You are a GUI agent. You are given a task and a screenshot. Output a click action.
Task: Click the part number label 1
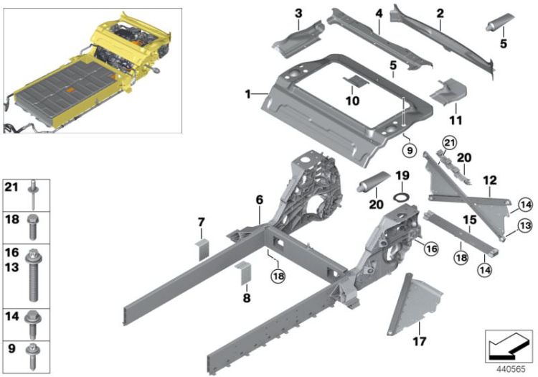pos(247,95)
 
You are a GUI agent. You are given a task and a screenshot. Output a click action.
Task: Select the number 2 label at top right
pos(440,13)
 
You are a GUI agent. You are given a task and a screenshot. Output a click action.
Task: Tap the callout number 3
pos(298,13)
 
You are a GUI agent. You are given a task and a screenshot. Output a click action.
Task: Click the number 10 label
pos(351,102)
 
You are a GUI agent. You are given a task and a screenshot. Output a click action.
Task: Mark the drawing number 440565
pos(509,365)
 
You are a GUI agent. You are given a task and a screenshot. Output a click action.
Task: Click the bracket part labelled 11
pos(447,92)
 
